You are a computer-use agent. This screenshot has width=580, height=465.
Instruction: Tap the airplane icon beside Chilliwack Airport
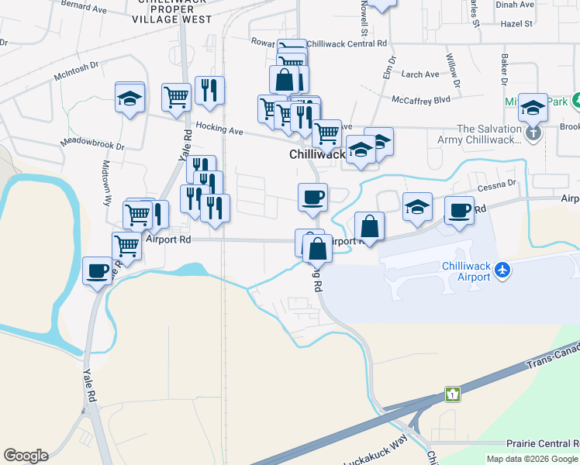point(504,270)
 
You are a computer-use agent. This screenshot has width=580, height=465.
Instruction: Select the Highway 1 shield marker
point(452,394)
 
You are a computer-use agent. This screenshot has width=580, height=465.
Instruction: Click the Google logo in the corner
point(26,456)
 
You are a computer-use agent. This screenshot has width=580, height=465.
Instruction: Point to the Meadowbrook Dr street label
point(93,145)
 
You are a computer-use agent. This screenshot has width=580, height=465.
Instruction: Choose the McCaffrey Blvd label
point(421,100)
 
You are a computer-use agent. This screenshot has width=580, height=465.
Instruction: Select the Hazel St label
point(516,24)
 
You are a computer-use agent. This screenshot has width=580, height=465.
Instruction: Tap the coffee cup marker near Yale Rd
point(98,271)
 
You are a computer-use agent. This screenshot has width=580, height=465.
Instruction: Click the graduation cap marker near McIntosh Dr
point(129,98)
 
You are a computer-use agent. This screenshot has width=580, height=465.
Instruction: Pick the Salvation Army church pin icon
point(533,133)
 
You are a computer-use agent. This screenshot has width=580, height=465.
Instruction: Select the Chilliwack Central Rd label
point(346,44)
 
